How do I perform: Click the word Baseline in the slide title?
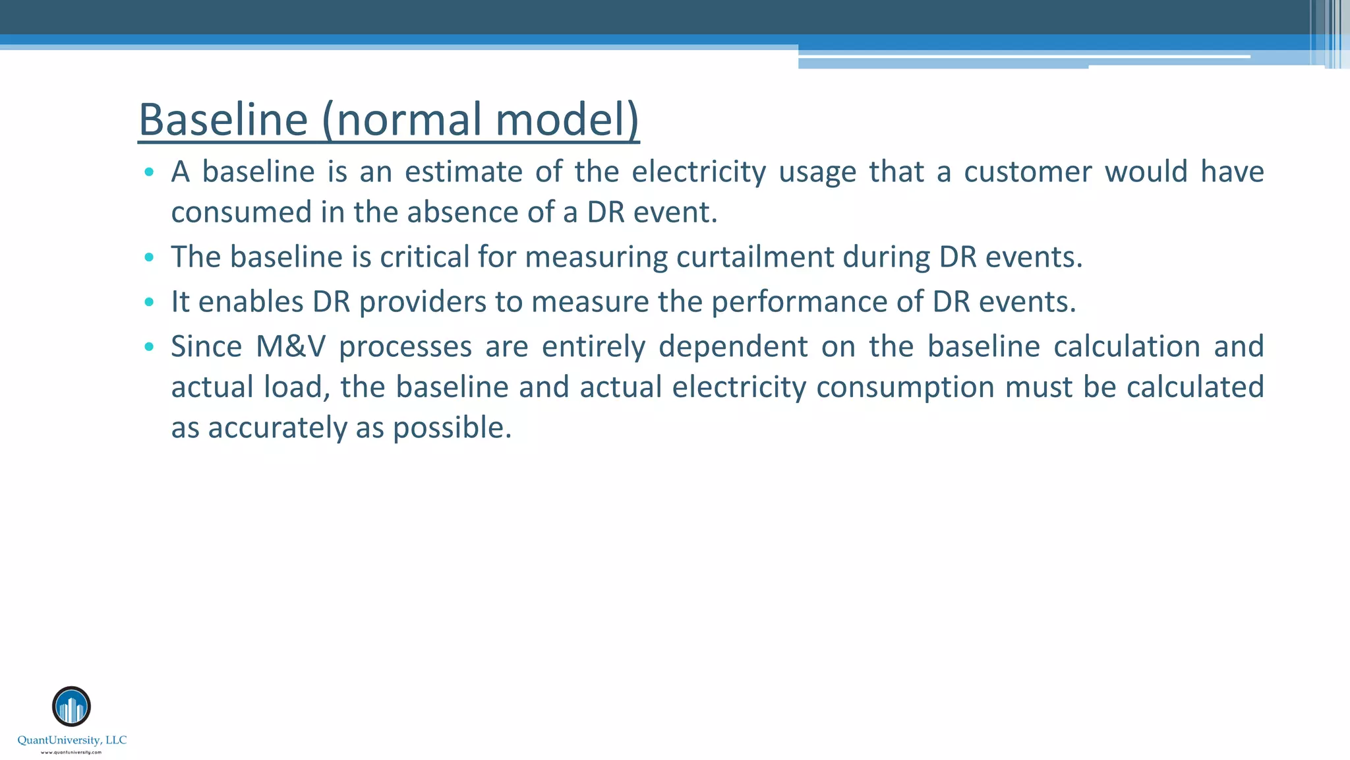(223, 120)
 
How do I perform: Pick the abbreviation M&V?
(291, 346)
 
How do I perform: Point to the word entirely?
(593, 346)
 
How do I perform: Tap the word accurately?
(278, 427)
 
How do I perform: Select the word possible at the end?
(452, 427)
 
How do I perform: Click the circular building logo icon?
(71, 707)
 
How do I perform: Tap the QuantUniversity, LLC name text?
(72, 740)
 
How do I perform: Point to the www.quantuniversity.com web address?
(71, 752)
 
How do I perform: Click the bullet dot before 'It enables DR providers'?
(149, 302)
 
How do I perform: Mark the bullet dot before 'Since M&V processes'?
(149, 346)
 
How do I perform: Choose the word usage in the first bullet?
(817, 172)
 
